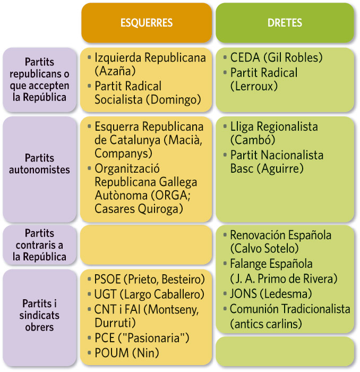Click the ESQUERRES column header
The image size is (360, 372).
147,23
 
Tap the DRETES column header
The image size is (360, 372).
285,23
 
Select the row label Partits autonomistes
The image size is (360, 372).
39,164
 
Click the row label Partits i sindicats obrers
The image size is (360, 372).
39,315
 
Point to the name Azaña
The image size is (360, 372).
115,71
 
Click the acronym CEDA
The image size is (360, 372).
245,57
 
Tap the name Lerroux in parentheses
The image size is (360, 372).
254,86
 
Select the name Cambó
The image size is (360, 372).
253,140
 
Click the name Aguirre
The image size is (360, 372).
280,168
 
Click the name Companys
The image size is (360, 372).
122,153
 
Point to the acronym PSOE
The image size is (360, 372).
108,279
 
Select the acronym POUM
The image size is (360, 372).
112,353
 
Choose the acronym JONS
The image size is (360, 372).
244,294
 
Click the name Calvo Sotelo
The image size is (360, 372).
264,249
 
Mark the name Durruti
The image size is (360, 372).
113,323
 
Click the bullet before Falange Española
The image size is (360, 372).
225,263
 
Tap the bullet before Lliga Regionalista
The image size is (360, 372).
225,126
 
